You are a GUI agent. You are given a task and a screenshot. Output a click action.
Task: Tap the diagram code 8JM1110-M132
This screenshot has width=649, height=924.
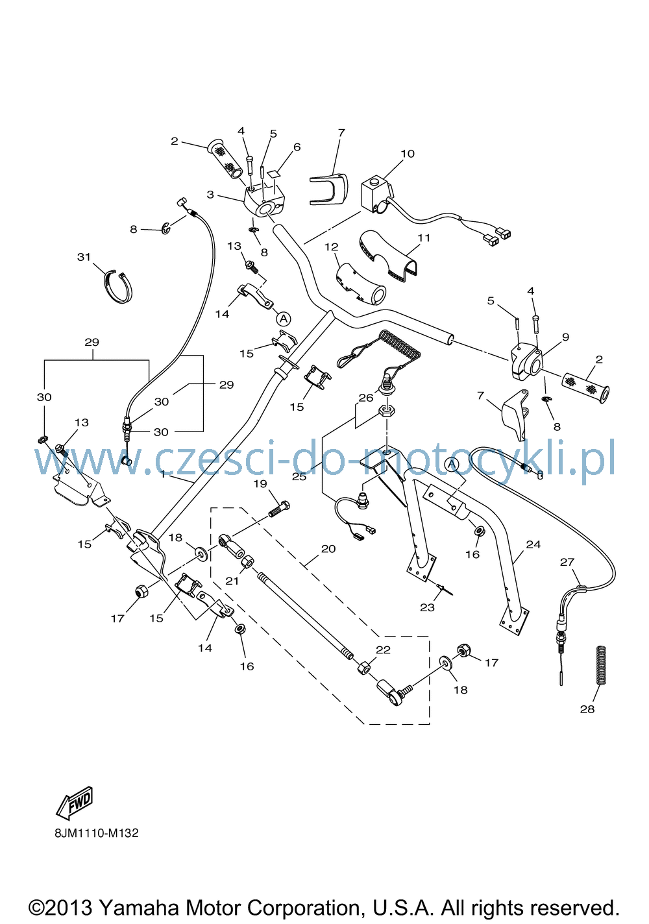click(x=97, y=833)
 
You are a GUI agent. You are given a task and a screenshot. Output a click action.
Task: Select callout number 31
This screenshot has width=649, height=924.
click(x=84, y=257)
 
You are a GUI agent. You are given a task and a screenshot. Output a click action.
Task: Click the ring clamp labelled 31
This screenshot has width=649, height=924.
click(x=117, y=286)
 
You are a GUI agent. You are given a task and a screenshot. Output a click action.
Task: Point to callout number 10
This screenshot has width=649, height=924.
click(x=408, y=154)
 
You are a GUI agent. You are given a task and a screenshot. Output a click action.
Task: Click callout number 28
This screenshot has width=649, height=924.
click(x=587, y=709)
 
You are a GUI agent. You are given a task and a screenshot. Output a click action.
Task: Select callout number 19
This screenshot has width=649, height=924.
click(x=260, y=483)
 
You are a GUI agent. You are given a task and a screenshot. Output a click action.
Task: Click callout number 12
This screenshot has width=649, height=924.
click(x=331, y=247)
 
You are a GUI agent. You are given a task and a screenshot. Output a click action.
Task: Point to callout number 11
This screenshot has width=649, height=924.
click(x=424, y=237)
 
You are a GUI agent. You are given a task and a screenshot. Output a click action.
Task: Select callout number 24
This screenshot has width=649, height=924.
click(x=533, y=544)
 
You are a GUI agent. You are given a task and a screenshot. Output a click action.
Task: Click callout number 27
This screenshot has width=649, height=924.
click(x=567, y=562)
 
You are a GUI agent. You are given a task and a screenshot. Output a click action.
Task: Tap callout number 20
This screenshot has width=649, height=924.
click(x=328, y=549)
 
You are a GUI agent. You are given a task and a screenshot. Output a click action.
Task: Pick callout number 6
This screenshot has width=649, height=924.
click(x=297, y=147)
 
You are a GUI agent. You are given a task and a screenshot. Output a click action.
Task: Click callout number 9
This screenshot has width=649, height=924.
click(x=565, y=337)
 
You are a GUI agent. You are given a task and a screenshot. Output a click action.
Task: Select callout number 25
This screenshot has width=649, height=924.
click(x=300, y=476)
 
